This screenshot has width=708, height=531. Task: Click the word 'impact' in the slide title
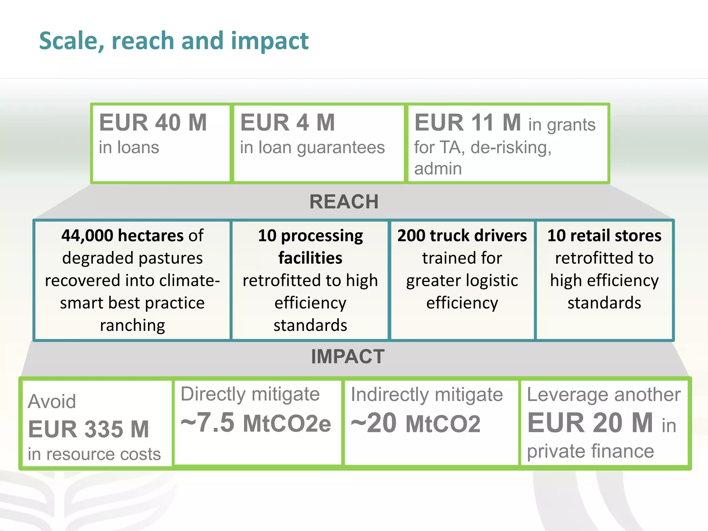point(270,41)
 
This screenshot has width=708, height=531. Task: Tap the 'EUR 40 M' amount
point(153,123)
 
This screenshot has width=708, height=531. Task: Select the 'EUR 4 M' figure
point(288,123)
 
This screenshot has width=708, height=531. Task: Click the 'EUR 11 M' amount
point(467,123)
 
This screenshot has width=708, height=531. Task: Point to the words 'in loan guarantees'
point(312,148)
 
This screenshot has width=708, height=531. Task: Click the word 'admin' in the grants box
point(438,169)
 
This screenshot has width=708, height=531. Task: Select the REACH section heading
point(344,202)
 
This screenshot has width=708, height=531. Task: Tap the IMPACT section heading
point(348,356)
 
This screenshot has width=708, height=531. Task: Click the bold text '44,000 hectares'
point(123,236)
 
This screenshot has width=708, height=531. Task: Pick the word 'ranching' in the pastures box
point(132,325)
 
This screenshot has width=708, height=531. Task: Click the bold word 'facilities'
point(310,258)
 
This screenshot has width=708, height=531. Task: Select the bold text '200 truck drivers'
point(462,236)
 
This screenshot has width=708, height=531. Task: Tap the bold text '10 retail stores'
point(604,236)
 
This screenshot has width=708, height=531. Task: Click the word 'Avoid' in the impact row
point(52,402)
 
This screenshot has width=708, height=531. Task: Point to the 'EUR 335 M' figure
point(88,429)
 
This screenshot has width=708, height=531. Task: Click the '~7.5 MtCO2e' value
point(256,423)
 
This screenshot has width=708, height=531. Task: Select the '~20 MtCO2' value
point(416,424)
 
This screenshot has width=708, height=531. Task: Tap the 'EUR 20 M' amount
point(590,423)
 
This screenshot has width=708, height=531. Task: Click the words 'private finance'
point(590,451)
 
